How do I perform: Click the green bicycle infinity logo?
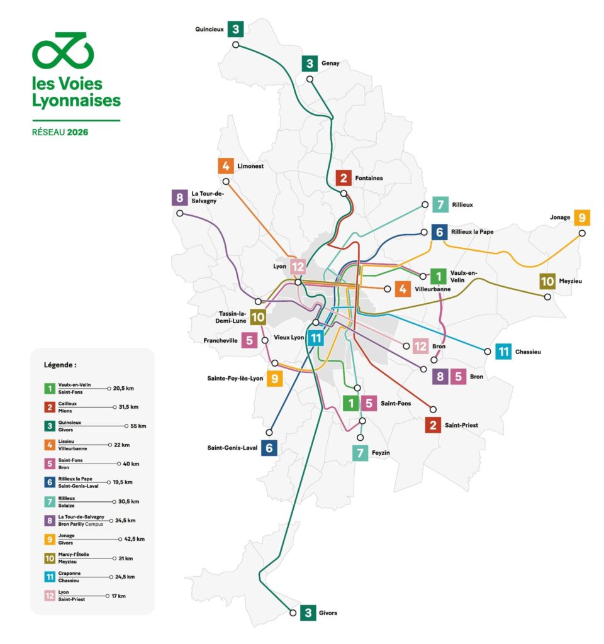pos(63,51)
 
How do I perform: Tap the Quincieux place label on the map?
pos(210,29)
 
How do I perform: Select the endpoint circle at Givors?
pos(293,613)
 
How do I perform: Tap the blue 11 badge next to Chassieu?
pos(503,352)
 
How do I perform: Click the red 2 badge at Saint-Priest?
pos(432,425)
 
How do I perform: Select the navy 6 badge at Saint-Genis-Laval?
pos(269,448)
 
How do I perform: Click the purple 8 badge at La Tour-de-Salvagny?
pos(180,197)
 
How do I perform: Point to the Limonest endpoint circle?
pos(226,182)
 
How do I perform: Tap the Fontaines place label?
pos(369,178)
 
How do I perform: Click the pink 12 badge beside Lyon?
pos(298,267)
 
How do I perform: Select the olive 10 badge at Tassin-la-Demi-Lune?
pos(258,318)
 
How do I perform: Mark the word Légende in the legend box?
pos(60,365)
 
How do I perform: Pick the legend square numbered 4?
pos(48,445)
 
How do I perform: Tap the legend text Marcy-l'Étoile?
pos(74,555)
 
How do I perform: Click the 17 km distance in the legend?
pos(120,596)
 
